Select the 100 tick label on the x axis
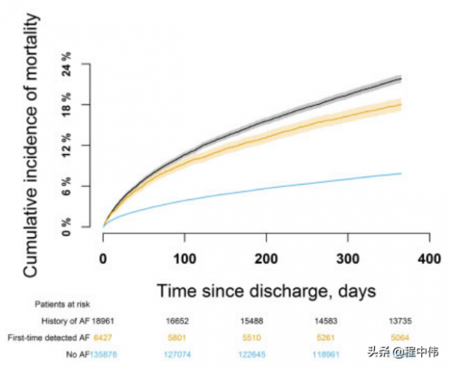184,260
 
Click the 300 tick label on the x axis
347,260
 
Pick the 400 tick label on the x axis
428,260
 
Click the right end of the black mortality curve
401,79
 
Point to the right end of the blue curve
401,174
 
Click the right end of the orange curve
401,105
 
